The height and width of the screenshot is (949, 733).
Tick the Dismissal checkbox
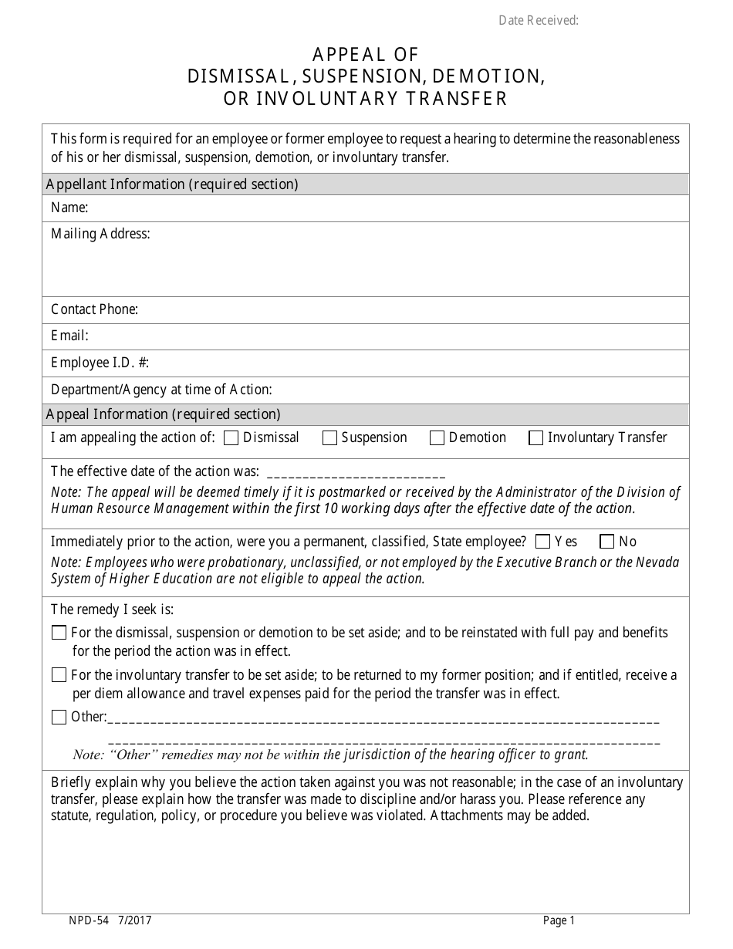point(231,438)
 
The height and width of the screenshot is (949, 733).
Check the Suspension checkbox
point(329,438)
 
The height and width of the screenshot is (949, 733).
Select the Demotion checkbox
point(437,438)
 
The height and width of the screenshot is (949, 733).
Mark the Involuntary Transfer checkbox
point(535,438)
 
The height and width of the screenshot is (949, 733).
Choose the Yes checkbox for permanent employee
point(542,542)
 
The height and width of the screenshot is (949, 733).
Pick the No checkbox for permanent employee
point(607,542)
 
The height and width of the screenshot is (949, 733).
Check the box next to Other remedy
point(59,718)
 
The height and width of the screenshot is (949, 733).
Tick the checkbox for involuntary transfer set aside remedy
point(59,675)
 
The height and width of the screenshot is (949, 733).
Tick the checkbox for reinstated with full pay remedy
point(59,633)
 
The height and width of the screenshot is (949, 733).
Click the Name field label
point(69,208)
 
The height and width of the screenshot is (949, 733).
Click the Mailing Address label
point(100,234)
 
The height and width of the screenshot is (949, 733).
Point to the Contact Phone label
point(94,309)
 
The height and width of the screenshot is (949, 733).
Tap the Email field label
point(69,336)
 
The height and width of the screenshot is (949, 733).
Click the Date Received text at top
point(538,21)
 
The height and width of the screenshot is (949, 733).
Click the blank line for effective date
point(355,472)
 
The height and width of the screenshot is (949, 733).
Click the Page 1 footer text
point(559,920)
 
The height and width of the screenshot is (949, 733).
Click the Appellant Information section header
point(172,184)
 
